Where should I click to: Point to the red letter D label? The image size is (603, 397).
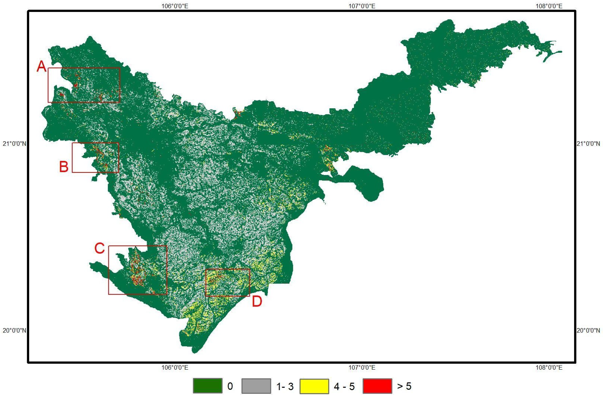[x=257, y=301]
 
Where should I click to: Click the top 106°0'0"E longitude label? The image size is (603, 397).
[x=175, y=6]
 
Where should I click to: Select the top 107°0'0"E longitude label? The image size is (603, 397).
[x=362, y=6]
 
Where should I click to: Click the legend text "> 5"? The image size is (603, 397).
[x=404, y=386]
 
